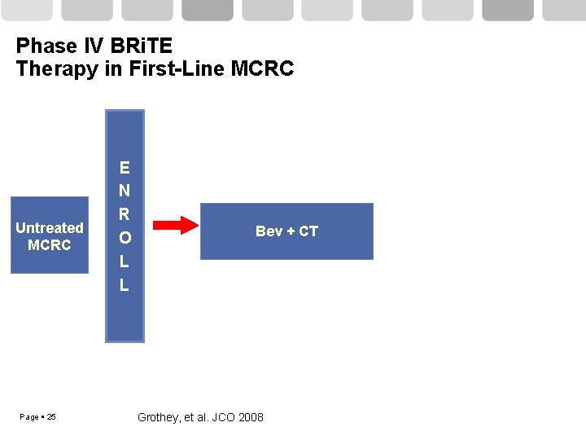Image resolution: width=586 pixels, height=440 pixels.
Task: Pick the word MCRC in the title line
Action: [x=262, y=68]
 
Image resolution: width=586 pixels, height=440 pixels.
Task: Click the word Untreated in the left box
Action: [x=50, y=227]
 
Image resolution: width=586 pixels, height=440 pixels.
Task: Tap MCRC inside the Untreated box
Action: [x=50, y=244]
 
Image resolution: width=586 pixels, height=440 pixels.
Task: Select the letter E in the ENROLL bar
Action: [x=124, y=168]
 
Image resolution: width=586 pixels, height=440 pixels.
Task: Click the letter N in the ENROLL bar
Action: [x=124, y=191]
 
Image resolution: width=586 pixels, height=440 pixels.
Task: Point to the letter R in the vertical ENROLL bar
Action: [x=124, y=215]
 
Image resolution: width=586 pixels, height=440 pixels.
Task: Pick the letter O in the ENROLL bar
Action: [x=124, y=239]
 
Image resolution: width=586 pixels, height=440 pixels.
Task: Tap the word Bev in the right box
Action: [x=269, y=231]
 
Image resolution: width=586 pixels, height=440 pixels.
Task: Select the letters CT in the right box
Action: [x=308, y=231]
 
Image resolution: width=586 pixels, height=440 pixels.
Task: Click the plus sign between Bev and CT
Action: [x=290, y=231]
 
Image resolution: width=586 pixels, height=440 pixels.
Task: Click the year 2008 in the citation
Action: [x=251, y=417]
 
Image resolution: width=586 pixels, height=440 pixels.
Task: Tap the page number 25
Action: [x=51, y=417]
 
